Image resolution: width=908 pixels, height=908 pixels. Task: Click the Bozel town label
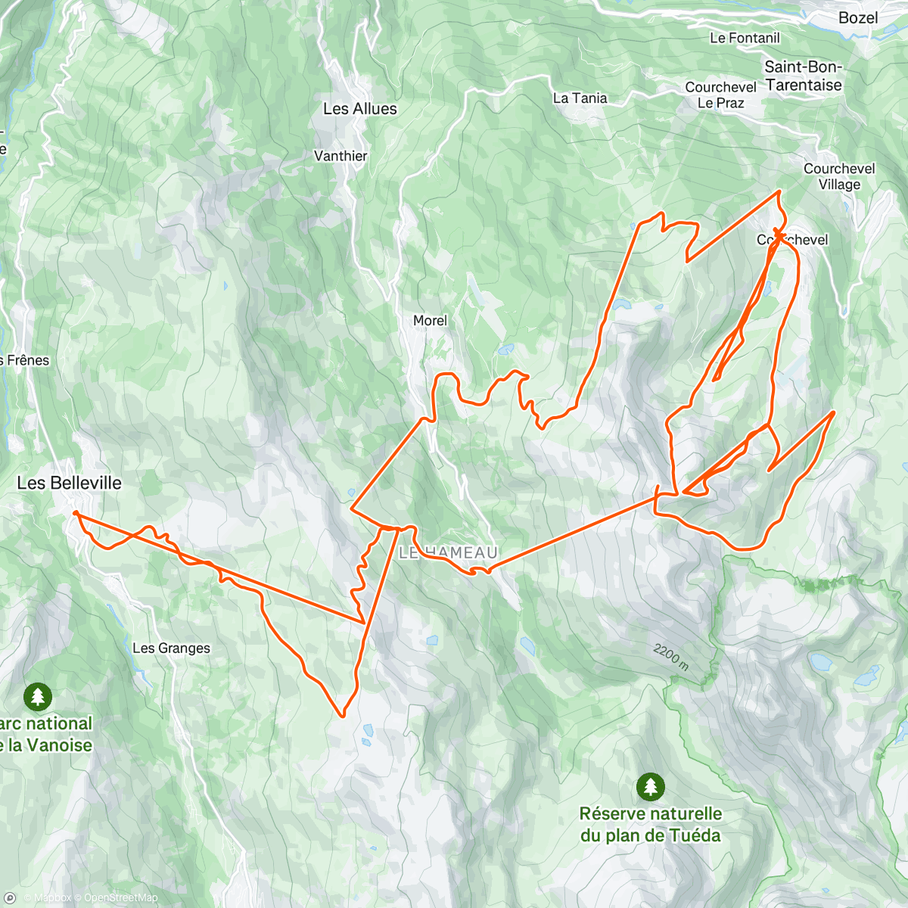click(x=858, y=17)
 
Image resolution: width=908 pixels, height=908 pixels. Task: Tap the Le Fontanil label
click(x=745, y=38)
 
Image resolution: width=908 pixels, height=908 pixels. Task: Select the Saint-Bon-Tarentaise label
click(x=803, y=76)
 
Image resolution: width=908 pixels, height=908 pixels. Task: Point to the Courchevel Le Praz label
click(x=720, y=95)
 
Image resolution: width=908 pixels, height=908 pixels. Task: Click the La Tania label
click(x=580, y=98)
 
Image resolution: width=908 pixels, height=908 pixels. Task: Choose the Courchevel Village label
click(x=839, y=176)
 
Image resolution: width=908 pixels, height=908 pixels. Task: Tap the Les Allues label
click(x=359, y=109)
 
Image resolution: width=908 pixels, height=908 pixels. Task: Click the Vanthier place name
click(x=340, y=156)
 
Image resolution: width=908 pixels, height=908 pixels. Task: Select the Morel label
click(x=430, y=321)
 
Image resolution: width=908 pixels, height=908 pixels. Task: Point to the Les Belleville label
click(x=69, y=483)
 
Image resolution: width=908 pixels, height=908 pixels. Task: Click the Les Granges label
click(x=171, y=648)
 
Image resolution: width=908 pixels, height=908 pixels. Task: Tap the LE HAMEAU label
click(x=448, y=553)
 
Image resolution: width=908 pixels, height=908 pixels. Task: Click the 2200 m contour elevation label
click(x=670, y=656)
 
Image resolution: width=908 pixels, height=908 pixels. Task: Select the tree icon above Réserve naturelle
click(x=650, y=786)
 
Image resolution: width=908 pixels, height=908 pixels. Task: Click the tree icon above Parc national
click(x=37, y=695)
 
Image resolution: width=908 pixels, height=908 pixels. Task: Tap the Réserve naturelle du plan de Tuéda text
click(x=650, y=825)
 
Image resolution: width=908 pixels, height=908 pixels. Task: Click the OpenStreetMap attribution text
click(x=120, y=898)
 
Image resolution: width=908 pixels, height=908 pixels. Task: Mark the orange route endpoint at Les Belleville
click(x=76, y=513)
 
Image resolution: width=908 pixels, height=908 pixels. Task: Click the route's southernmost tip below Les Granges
click(x=342, y=715)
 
